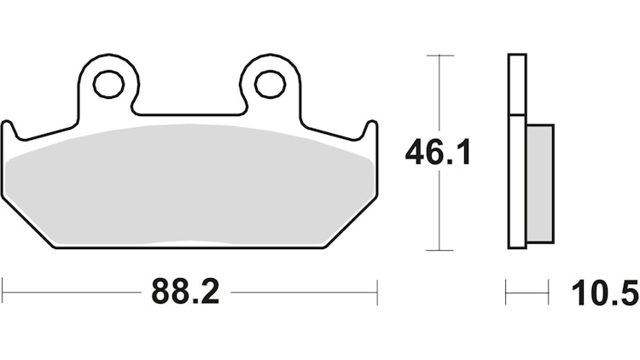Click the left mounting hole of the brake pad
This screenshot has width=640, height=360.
108,84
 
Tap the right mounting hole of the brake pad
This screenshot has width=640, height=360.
270,84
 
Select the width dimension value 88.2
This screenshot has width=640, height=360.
186,293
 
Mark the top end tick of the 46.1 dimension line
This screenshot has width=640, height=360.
439,55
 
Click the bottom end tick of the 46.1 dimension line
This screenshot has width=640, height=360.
439,250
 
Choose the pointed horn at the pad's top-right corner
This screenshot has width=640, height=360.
370,125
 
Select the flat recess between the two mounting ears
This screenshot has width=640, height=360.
189,115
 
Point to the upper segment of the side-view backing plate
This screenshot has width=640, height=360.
516,84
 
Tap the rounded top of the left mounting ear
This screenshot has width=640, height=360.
108,59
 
